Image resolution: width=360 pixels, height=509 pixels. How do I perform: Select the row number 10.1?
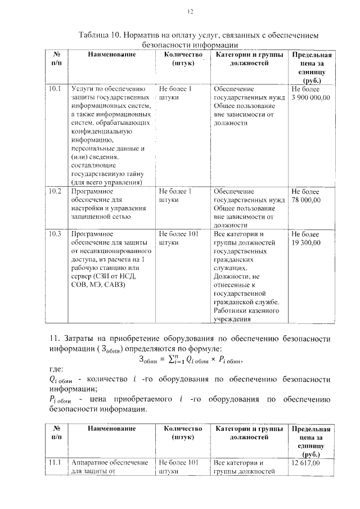[55, 89]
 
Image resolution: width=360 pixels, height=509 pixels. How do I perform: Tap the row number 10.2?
[55, 191]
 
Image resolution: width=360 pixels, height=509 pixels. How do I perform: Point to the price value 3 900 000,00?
[310, 98]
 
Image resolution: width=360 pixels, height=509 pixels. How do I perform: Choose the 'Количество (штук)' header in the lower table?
[179, 433]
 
